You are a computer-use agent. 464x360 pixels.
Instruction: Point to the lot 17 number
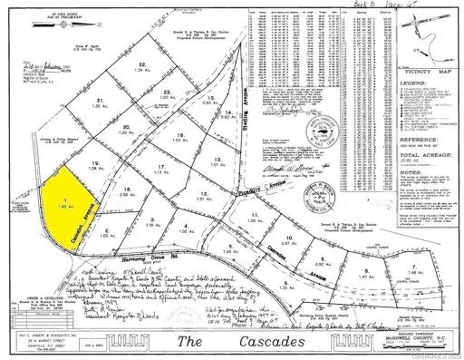click(161, 167)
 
